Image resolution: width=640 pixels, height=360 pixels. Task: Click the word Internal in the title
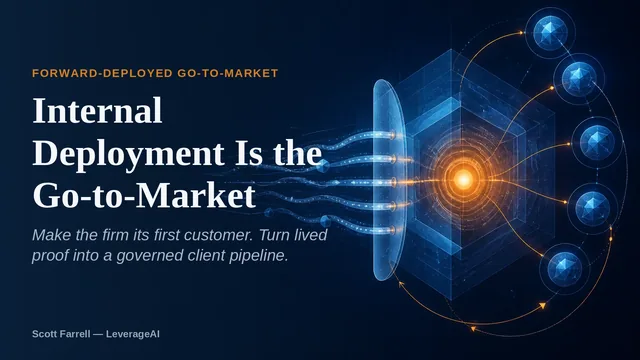tap(97, 111)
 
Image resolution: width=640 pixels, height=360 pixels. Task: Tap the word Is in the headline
tap(249, 153)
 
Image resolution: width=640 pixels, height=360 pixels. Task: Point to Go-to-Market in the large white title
tap(144, 196)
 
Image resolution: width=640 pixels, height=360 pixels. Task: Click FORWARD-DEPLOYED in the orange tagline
tap(102, 73)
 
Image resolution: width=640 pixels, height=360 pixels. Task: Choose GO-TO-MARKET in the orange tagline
tap(228, 73)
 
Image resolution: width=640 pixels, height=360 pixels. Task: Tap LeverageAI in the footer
tap(133, 334)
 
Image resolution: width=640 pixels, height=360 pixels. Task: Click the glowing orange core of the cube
tap(464, 179)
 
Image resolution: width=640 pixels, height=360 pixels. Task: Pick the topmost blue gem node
tap(550, 30)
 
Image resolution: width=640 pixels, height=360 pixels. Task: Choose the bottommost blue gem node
tap(564, 268)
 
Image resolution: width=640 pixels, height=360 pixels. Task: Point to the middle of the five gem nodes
tap(597, 142)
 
